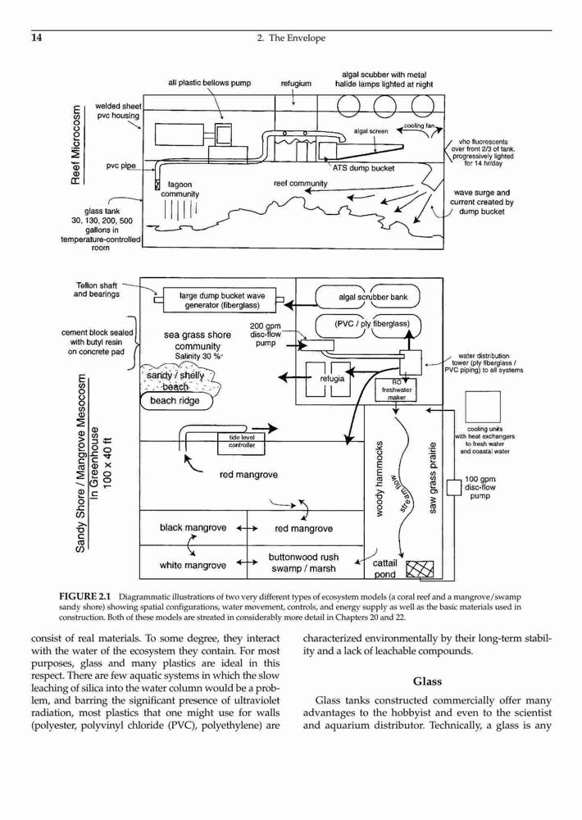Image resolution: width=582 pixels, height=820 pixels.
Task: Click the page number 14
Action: coord(37,38)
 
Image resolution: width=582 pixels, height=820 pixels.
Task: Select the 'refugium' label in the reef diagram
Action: coord(296,83)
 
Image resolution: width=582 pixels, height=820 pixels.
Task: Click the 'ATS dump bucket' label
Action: coord(363,168)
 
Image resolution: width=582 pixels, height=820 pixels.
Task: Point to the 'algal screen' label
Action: coord(371,131)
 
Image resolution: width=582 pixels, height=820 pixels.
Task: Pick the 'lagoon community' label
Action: coord(180,189)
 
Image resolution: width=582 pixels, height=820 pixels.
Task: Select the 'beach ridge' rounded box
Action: coord(177,401)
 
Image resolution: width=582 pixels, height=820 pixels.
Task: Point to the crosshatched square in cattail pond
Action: coord(420,568)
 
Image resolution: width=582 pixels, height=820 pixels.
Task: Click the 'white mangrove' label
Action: coord(193,565)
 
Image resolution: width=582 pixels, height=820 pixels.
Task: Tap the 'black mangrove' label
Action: coord(193,527)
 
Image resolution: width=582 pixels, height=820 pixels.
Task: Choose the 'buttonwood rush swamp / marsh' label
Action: coord(304,563)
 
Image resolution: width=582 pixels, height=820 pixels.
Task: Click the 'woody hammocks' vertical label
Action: coord(380,479)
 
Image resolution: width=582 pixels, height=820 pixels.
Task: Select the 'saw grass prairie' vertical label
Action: coord(433,478)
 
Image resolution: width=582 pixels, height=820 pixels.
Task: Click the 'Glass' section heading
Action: coord(427,681)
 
